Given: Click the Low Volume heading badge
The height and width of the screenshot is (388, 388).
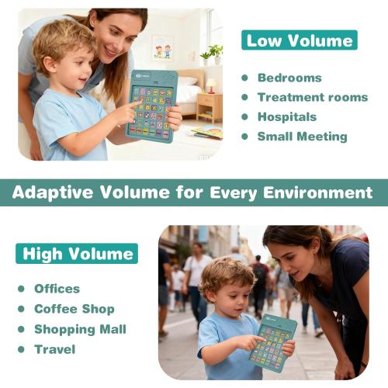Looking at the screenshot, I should click(299, 40).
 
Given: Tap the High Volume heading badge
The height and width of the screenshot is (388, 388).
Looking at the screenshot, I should click(77, 253).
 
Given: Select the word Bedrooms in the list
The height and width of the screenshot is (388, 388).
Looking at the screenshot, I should click(289, 78).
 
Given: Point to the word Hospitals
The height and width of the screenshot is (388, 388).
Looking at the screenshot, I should click(287, 116).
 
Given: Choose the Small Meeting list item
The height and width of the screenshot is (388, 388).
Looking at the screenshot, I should click(302, 137).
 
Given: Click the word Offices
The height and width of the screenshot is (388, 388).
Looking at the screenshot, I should click(57, 289).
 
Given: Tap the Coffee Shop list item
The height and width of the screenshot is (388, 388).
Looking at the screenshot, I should click(74, 309).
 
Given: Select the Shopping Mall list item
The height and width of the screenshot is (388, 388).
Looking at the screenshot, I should click(80, 329).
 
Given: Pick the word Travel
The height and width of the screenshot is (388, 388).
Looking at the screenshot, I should click(54, 349).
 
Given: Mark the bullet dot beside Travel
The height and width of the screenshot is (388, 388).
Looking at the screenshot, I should click(21, 350).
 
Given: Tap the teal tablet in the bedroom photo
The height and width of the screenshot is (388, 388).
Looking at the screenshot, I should click(152, 106).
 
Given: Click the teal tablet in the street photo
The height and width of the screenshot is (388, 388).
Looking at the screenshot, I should click(272, 342).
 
